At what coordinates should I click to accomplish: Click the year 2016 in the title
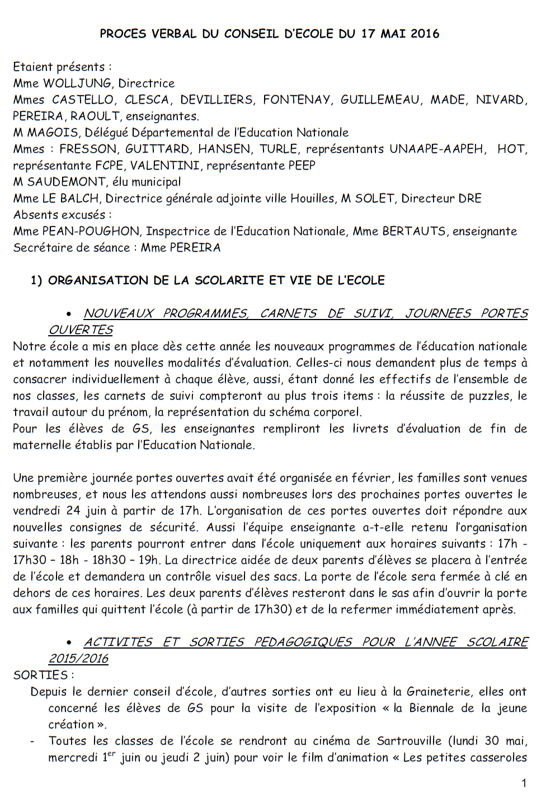425,34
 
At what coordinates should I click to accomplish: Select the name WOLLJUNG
77,83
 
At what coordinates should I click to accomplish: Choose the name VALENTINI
165,166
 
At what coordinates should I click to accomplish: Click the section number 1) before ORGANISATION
36,280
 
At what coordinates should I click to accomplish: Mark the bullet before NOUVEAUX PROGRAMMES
69,314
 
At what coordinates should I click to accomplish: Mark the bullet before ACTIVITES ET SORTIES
69,643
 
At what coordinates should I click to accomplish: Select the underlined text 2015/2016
78,659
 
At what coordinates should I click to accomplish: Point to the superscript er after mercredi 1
111,754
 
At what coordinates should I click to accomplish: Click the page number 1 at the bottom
524,783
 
